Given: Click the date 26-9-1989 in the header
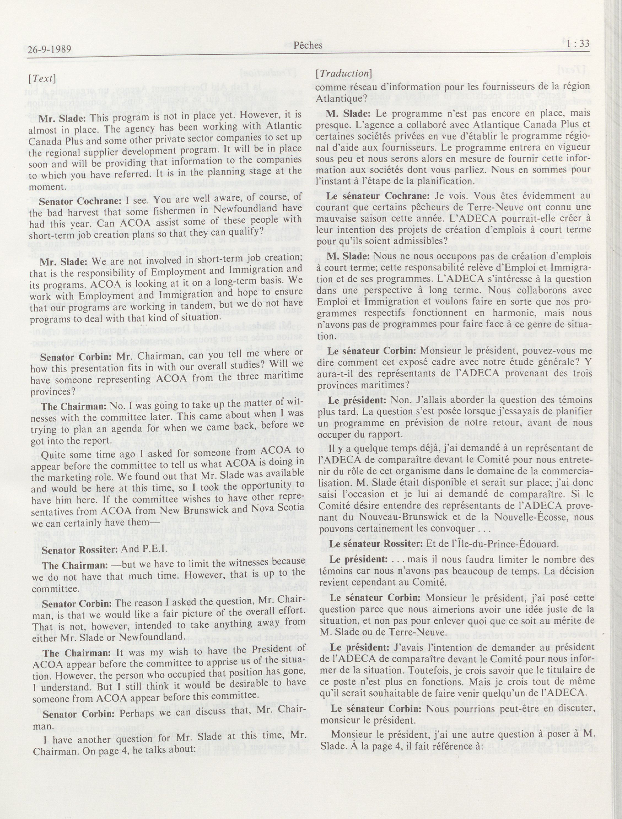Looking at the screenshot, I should tap(50, 49).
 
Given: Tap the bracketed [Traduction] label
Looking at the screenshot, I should tap(343, 73).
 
